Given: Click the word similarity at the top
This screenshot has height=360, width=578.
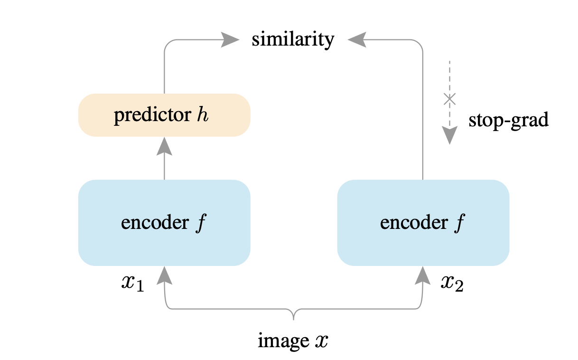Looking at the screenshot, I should [293, 39].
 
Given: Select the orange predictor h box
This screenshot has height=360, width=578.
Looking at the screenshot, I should [164, 115].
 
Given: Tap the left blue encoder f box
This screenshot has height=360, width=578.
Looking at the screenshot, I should [164, 222].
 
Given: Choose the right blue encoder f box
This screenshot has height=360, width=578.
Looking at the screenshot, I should [423, 222].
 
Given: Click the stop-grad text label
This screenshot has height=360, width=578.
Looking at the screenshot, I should [508, 120].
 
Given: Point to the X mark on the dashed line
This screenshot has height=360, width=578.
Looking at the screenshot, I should [449, 99].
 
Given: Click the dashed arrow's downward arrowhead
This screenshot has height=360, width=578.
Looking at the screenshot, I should [449, 135].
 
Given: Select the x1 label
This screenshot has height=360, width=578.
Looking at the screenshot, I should [132, 284].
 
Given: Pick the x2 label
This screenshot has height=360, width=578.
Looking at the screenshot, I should [452, 284].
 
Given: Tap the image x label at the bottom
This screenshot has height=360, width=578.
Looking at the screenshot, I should [293, 341].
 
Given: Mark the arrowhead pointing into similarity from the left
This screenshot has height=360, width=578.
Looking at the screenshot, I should [230, 40].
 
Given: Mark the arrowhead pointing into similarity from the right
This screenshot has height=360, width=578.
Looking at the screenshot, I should [357, 40].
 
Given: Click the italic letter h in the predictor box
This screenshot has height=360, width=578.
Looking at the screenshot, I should [203, 115].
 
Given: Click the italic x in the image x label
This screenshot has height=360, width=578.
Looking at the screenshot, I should [321, 341].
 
